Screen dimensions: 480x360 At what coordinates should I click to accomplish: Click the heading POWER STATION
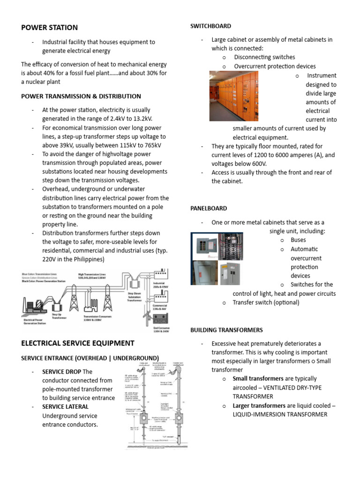click(x=49, y=28)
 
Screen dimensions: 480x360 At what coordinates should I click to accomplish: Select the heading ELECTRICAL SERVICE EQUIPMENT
click(x=78, y=343)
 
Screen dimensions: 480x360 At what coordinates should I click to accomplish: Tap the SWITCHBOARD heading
click(x=210, y=26)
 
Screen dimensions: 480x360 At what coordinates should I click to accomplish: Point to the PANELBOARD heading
click(x=209, y=208)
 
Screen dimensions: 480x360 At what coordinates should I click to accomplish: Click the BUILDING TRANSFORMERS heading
click(x=226, y=330)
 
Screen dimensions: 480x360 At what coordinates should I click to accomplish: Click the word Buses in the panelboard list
click(x=298, y=240)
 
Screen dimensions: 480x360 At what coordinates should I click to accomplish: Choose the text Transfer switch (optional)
click(x=266, y=302)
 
